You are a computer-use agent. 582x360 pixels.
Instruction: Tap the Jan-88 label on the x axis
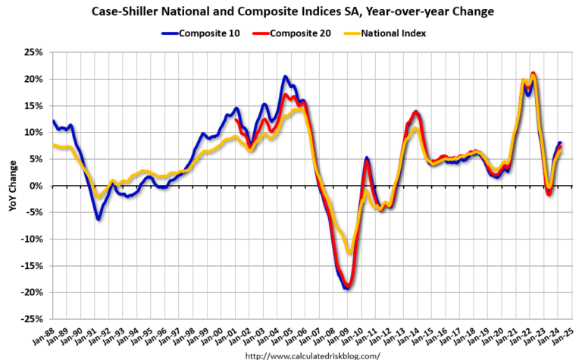(45, 338)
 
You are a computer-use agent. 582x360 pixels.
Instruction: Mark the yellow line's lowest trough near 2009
(349, 252)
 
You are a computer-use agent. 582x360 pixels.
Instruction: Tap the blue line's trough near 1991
(99, 218)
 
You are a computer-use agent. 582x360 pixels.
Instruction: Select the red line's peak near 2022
(533, 74)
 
